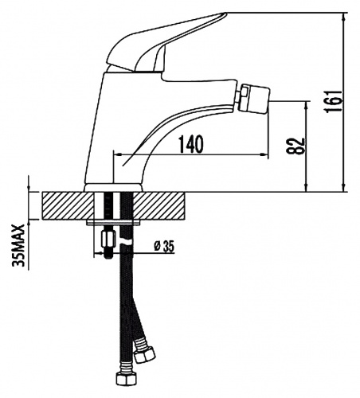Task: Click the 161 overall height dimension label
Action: click(334, 101)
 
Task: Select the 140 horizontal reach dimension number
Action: click(190, 144)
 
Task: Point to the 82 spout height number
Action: click(295, 146)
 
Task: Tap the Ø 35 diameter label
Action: click(164, 247)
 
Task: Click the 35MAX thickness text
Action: click(18, 244)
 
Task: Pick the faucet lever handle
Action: click(165, 41)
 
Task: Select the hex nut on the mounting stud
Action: click(108, 238)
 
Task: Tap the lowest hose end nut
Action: click(126, 379)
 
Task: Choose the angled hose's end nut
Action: click(145, 355)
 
